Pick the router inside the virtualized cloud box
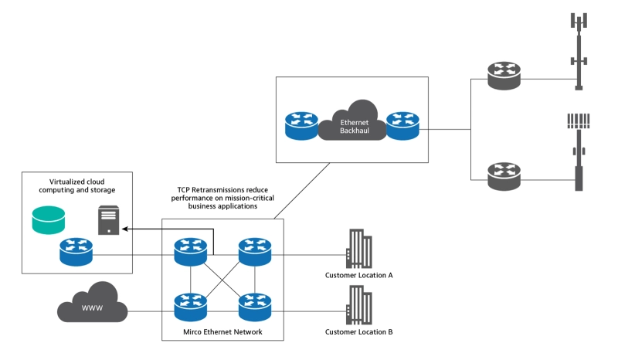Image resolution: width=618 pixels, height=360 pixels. pos(76,252)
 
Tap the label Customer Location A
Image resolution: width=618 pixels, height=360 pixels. pos(359,275)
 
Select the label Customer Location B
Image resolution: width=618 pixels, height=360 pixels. pos(359,332)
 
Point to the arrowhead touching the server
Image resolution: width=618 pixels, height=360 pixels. pos(125,229)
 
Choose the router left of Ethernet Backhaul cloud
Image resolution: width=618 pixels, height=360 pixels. pos(301,127)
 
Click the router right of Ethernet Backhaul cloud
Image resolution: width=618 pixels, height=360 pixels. pos(402,127)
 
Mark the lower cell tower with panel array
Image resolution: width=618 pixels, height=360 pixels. pos(578,151)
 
